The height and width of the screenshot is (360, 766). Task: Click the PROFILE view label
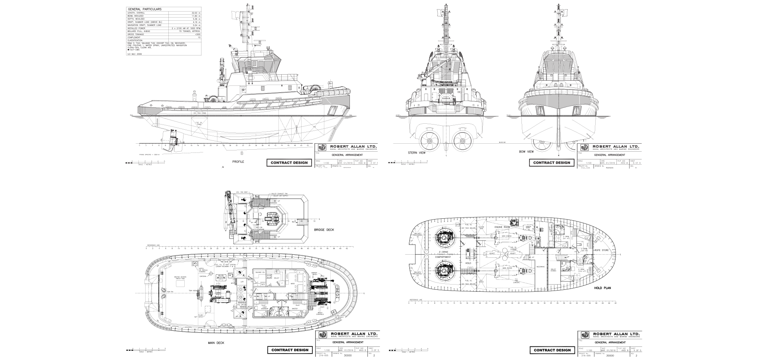click(238, 162)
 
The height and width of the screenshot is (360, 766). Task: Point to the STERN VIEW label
click(417, 152)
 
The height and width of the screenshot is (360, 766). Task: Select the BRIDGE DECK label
click(324, 230)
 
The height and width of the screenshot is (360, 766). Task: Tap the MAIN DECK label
click(216, 342)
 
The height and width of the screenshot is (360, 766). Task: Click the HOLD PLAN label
click(602, 288)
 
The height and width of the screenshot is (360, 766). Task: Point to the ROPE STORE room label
click(600, 250)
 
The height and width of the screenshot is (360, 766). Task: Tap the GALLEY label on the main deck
click(276, 278)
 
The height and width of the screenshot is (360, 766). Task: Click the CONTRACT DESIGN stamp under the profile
click(289, 162)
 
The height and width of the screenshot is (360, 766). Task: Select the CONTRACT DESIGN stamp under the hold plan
click(552, 350)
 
